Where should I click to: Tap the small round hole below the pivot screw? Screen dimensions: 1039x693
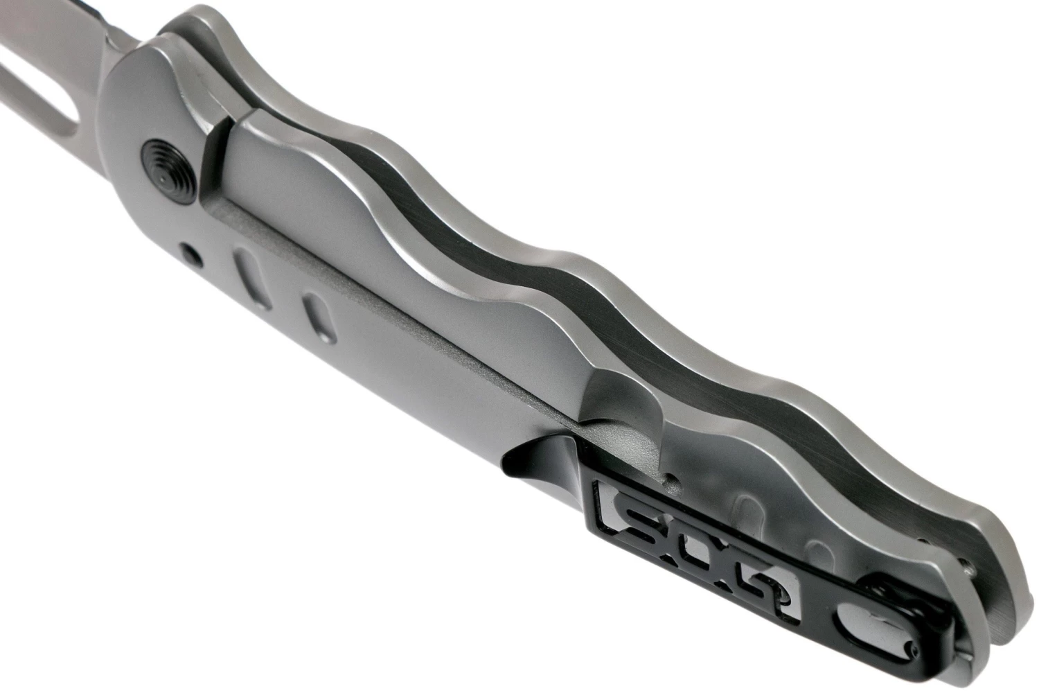pyautogui.click(x=191, y=255)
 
